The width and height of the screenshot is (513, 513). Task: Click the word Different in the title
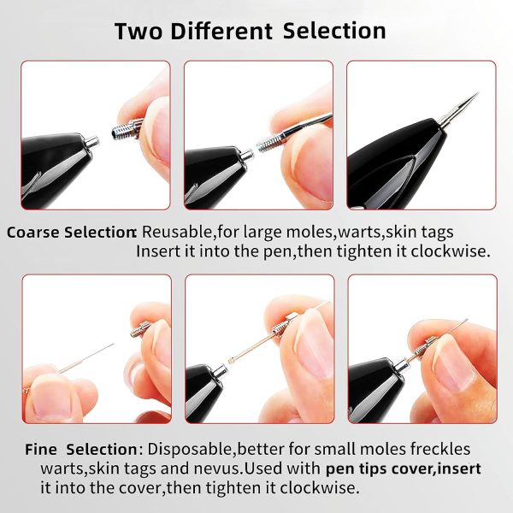221,31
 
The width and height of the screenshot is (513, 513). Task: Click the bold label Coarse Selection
71,233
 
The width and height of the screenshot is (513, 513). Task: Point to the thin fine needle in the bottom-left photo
86,358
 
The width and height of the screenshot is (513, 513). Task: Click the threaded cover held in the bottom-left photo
140,329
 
